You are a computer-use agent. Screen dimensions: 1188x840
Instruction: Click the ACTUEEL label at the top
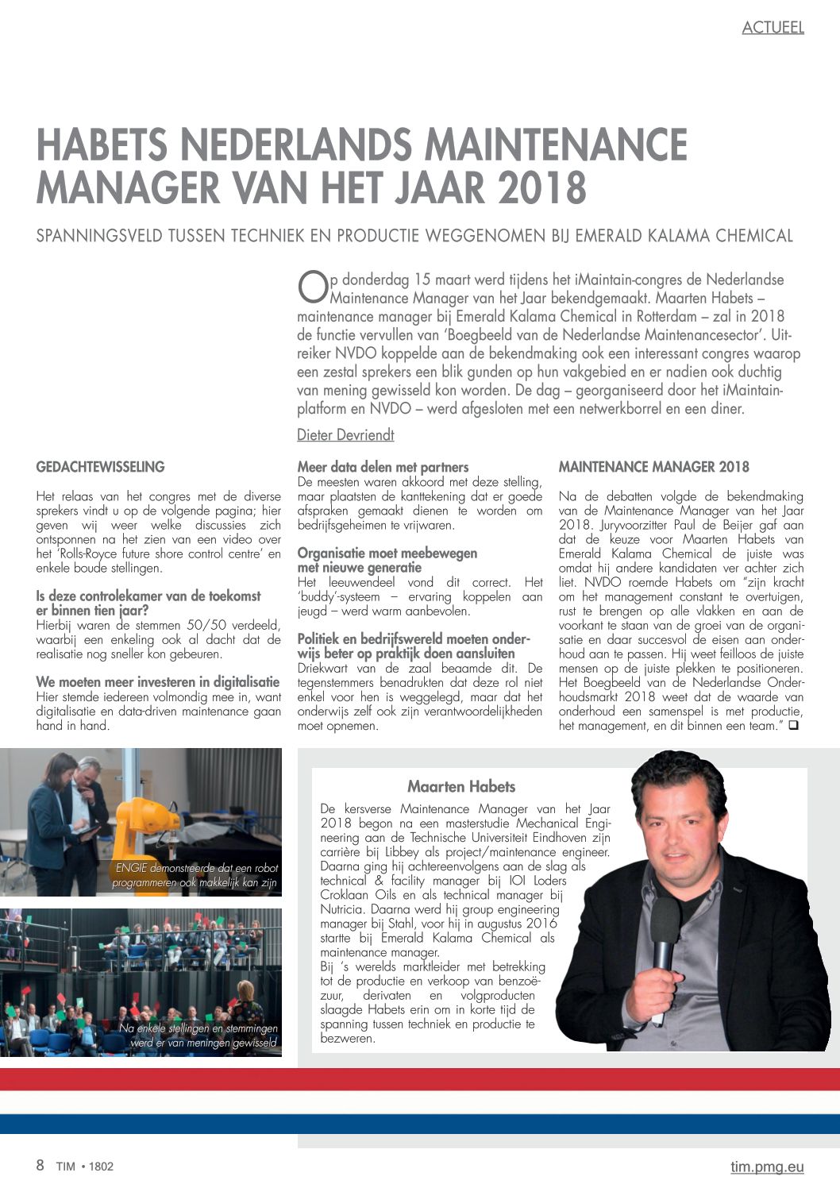pos(773,28)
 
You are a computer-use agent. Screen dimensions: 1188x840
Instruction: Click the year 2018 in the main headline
pos(541,188)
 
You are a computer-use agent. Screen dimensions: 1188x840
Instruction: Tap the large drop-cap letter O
pos(313,287)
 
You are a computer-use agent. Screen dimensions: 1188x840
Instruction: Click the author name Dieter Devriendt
pos(345,435)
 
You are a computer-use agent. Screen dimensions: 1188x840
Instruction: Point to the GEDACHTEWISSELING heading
pos(100,467)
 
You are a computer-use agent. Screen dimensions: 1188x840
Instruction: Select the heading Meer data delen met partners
pos(383,467)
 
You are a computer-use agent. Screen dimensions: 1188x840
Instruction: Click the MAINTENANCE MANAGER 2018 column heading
pos(653,467)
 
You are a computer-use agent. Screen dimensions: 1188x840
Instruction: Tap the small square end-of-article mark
pos(792,725)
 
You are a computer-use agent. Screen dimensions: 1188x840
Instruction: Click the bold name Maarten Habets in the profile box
pos(461,787)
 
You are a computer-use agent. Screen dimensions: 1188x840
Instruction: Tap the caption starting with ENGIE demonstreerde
pos(195,875)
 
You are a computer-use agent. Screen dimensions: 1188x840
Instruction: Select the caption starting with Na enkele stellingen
pos(198,1036)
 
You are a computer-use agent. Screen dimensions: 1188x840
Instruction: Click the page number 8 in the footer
pos(40,1166)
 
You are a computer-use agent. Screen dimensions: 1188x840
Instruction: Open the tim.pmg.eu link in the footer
pos(767,1167)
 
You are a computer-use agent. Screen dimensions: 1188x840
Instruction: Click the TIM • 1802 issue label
pos(85,1167)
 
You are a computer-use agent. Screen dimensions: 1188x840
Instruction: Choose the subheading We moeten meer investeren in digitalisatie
pos(158,682)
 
